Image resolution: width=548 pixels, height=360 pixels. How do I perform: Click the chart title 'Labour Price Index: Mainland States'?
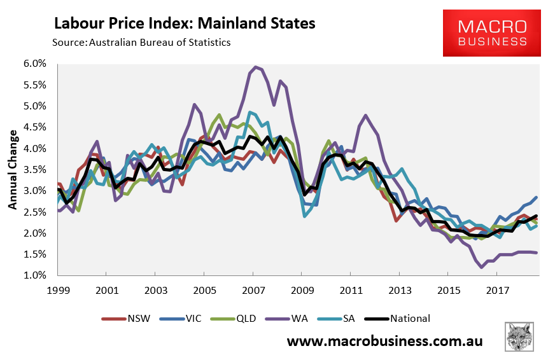point(185,24)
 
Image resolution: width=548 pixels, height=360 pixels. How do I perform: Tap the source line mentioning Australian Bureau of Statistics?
point(141,43)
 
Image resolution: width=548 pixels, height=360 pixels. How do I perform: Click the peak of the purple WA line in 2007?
point(255,67)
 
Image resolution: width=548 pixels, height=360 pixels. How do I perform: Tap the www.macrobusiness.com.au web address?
point(384,342)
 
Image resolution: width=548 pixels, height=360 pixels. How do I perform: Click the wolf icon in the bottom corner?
point(519,336)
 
